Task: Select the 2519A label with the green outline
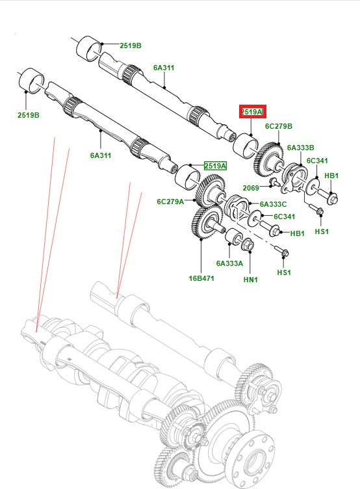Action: click(215, 166)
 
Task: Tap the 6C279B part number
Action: click(279, 126)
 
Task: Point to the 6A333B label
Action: click(300, 148)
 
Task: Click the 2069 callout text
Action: click(251, 188)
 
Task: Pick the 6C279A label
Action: click(170, 202)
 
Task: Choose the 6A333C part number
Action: click(274, 204)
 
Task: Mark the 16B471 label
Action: click(201, 278)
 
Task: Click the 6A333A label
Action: click(229, 263)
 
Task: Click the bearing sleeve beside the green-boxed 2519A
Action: click(188, 176)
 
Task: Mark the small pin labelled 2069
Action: click(274, 181)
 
